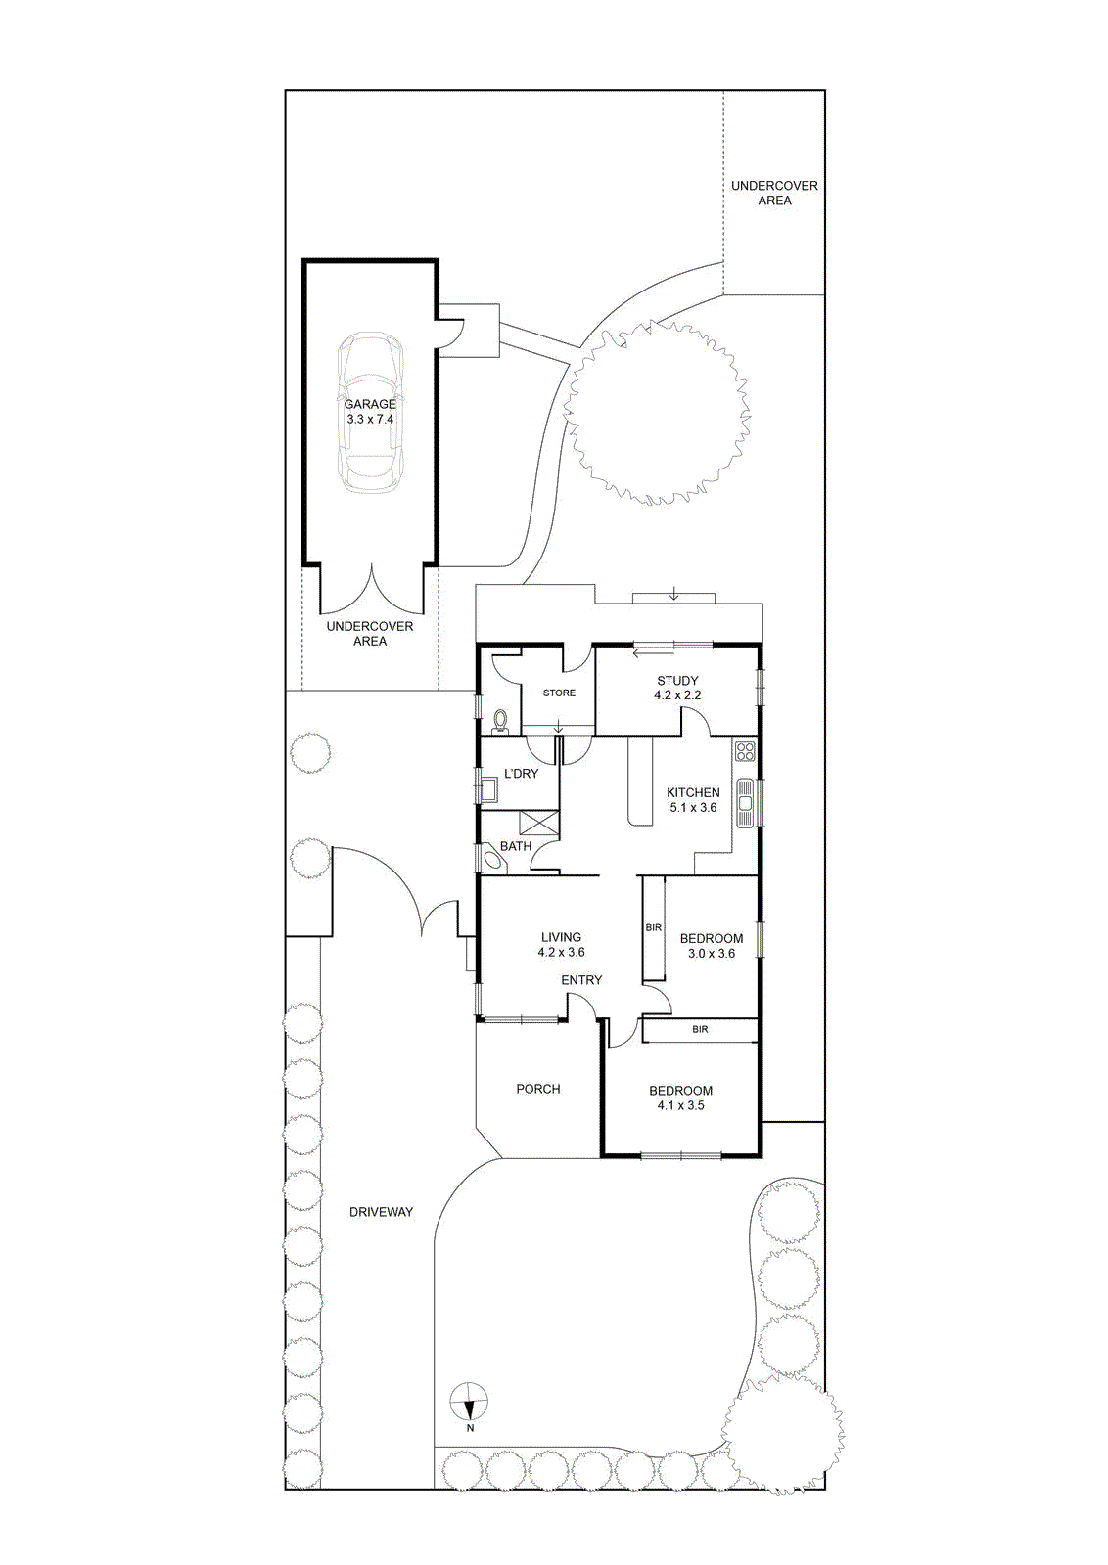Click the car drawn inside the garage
point(370,412)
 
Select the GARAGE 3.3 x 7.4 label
point(370,412)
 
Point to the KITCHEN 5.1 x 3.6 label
point(693,800)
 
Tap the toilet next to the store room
point(500,721)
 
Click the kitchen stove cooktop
point(745,752)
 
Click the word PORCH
point(537,1089)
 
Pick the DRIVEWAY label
point(381,1212)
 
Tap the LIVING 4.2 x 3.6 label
point(561,945)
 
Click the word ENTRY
point(581,980)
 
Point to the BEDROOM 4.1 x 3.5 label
point(680,1097)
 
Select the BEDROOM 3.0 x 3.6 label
point(711,945)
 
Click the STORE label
point(559,693)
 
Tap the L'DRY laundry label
point(521,774)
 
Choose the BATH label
point(516,846)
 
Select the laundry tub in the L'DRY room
point(489,788)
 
